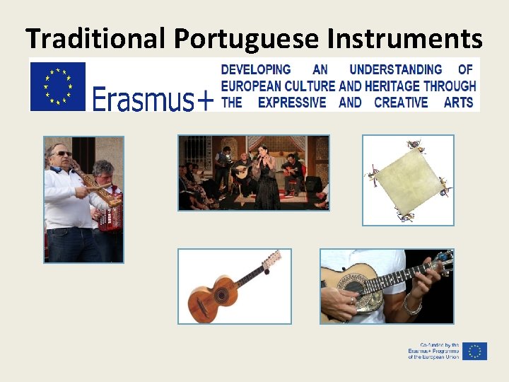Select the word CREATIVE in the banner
click(401, 103)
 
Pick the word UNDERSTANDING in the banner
click(396, 69)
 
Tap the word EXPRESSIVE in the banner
click(292, 103)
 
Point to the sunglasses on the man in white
click(63, 154)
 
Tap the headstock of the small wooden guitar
click(271, 260)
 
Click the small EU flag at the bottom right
click(475, 351)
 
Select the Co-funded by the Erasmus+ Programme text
click(433, 351)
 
